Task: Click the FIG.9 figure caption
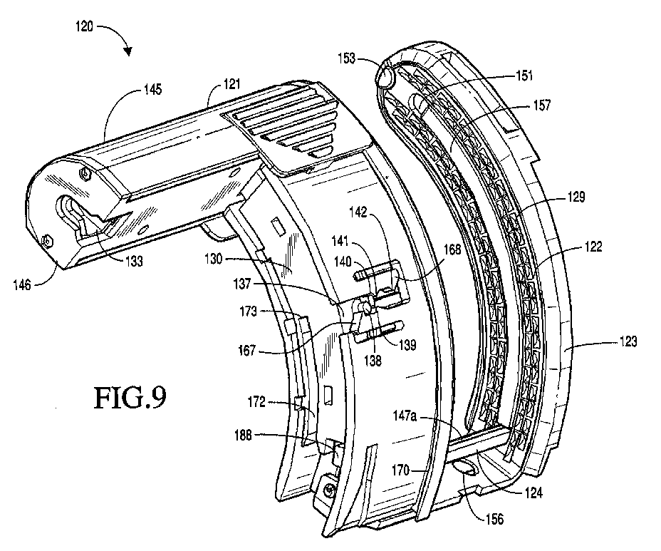point(130,398)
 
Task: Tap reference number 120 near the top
point(84,26)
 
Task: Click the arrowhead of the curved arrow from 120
point(127,51)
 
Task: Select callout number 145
point(152,89)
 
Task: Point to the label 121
point(231,84)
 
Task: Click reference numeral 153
point(346,58)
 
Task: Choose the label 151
point(524,76)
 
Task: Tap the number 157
point(542,105)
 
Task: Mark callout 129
point(576,197)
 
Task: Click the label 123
point(628,341)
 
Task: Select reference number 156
point(494,519)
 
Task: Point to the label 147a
point(405,416)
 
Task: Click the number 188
point(243,435)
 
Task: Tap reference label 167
point(247,350)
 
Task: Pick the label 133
point(134,262)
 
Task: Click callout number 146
point(22,285)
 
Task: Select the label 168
point(452,249)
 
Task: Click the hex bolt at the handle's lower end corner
point(47,241)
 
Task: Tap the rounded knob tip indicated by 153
point(384,77)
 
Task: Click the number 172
point(256,401)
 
